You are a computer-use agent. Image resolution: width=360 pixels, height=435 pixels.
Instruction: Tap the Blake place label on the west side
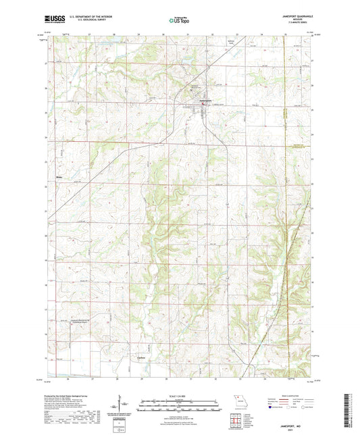click(x=59, y=179)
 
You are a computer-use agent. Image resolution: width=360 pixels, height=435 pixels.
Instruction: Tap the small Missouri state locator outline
click(x=236, y=399)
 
